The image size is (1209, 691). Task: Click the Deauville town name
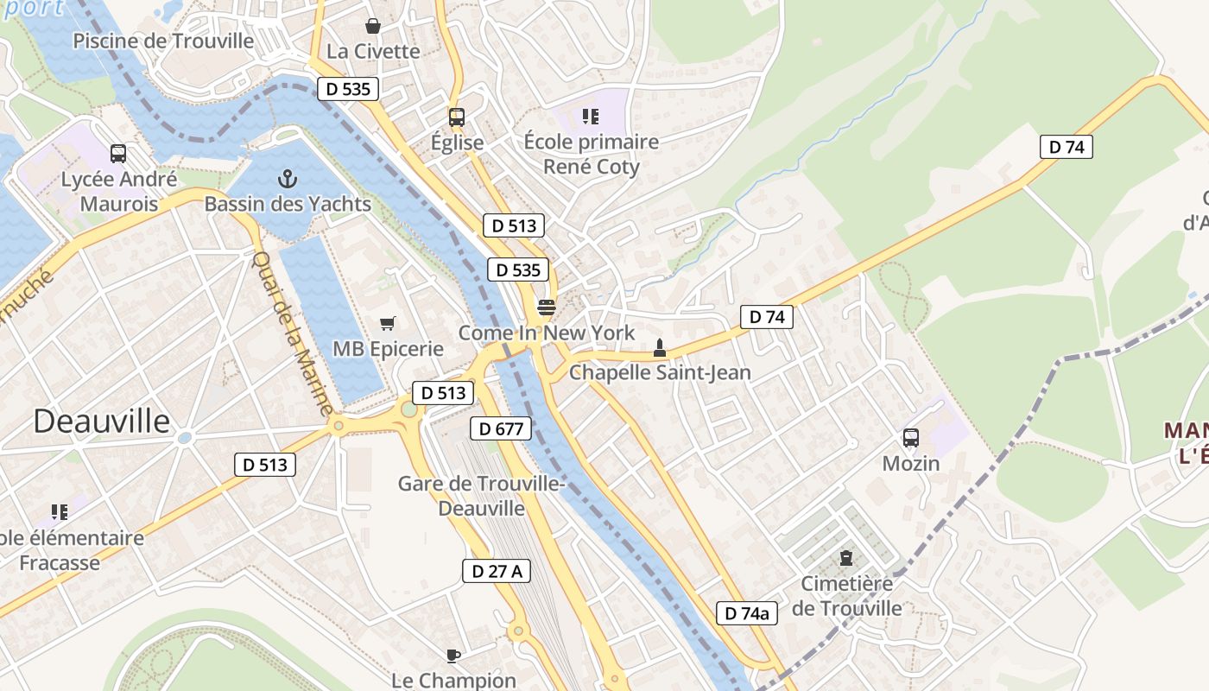pyautogui.click(x=102, y=422)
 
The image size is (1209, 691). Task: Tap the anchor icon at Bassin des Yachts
pyautogui.click(x=288, y=179)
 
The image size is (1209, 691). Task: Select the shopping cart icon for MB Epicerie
pyautogui.click(x=388, y=323)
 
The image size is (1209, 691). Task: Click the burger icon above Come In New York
pyautogui.click(x=546, y=307)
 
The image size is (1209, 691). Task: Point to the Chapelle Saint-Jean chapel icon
pyautogui.click(x=660, y=348)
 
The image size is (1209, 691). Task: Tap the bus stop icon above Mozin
pyautogui.click(x=911, y=438)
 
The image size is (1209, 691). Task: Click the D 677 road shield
pyautogui.click(x=501, y=428)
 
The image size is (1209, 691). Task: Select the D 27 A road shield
pyautogui.click(x=497, y=571)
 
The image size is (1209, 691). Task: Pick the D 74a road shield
pyautogui.click(x=747, y=614)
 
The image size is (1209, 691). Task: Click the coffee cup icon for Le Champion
pyautogui.click(x=453, y=656)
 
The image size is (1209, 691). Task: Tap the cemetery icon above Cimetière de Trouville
pyautogui.click(x=846, y=558)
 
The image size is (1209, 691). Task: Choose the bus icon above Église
pyautogui.click(x=456, y=117)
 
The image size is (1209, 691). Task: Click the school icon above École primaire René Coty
pyautogui.click(x=591, y=116)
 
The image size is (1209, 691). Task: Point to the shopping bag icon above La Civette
pyautogui.click(x=373, y=26)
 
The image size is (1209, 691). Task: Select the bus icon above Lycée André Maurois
pyautogui.click(x=118, y=154)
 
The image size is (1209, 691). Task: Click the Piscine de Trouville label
pyautogui.click(x=163, y=41)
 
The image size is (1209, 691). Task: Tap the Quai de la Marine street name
pyautogui.click(x=293, y=333)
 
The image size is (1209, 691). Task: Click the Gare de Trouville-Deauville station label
pyautogui.click(x=481, y=496)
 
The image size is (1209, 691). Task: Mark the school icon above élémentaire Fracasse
pyautogui.click(x=59, y=512)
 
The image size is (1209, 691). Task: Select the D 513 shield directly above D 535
pyautogui.click(x=514, y=226)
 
